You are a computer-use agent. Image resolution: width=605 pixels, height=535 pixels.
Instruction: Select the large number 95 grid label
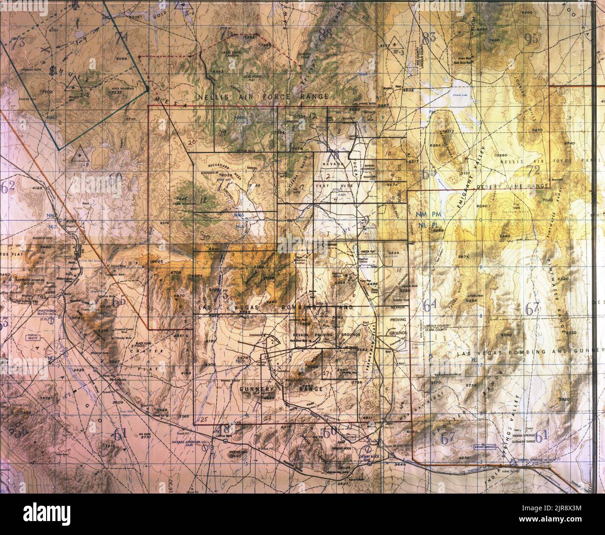click(530, 39)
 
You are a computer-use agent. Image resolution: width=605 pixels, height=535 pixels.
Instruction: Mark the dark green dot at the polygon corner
click(147, 88)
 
